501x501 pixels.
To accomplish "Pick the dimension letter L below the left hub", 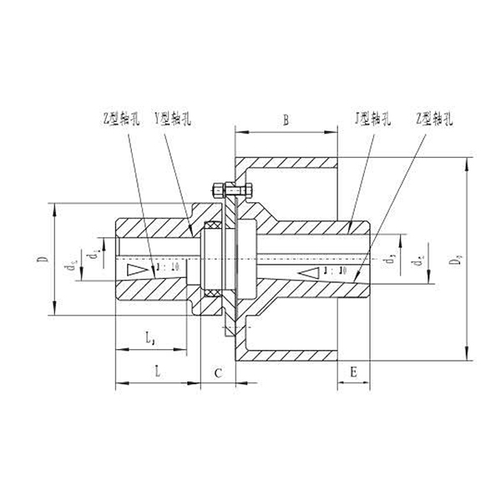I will (157, 371).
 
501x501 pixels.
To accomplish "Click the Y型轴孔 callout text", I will (173, 120).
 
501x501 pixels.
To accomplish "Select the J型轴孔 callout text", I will (370, 120).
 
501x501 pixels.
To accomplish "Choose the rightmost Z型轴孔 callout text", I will (433, 120).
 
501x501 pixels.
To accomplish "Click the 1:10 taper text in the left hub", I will (165, 269).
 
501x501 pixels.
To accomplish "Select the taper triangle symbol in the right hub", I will (308, 272).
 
